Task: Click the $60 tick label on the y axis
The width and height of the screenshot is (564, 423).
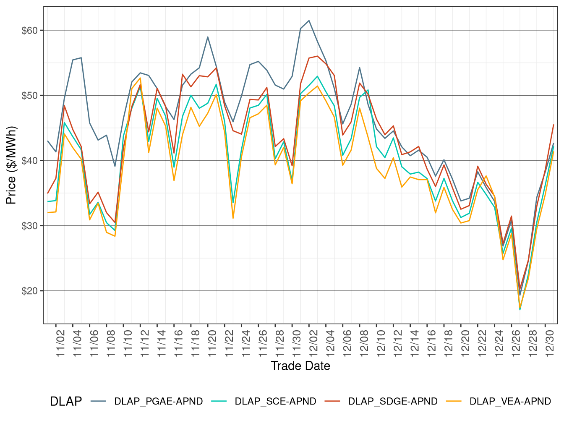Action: point(29,31)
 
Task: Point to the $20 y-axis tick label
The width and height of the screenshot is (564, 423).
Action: point(29,291)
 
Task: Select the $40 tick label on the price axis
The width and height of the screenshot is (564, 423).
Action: point(29,161)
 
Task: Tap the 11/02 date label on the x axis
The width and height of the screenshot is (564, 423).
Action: point(61,343)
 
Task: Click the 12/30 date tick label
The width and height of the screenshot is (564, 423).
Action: point(550,343)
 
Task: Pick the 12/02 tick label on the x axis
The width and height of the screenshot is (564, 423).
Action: point(313,343)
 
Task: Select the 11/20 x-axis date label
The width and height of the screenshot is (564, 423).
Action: point(212,343)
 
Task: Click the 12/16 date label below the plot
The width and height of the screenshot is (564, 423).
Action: point(432,343)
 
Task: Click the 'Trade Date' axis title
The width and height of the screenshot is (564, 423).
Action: point(300,366)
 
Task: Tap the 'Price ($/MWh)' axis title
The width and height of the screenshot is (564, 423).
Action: point(11,165)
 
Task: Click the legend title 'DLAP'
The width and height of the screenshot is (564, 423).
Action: point(66,402)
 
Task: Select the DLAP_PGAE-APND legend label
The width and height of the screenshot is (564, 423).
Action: point(158,402)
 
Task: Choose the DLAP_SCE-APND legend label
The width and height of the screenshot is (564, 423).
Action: point(275,402)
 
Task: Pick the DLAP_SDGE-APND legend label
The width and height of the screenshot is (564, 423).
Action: point(392,402)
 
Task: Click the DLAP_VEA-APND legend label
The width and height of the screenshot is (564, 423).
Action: point(510,402)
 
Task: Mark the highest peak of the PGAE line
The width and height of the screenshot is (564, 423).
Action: point(309,21)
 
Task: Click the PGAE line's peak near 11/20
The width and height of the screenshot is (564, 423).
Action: point(208,37)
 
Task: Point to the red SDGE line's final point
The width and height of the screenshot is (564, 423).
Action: point(554,125)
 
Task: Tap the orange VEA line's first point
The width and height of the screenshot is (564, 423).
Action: point(48,212)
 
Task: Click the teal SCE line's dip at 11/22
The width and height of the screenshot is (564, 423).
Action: point(233,203)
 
